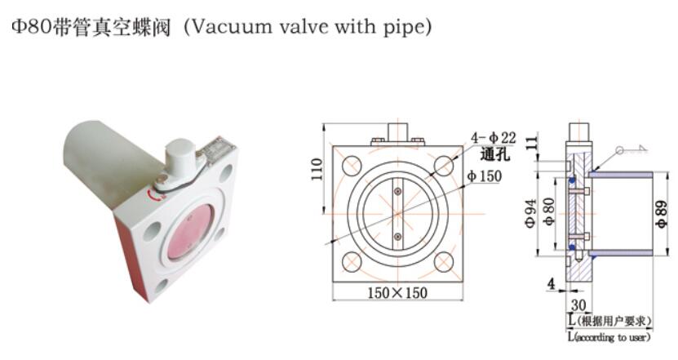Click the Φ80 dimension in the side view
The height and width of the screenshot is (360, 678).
coord(548,211)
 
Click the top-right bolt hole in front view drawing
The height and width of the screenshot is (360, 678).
coord(444,166)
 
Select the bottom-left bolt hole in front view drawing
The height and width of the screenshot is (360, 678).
coord(352,261)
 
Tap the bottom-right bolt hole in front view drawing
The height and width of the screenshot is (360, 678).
coord(444,261)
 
